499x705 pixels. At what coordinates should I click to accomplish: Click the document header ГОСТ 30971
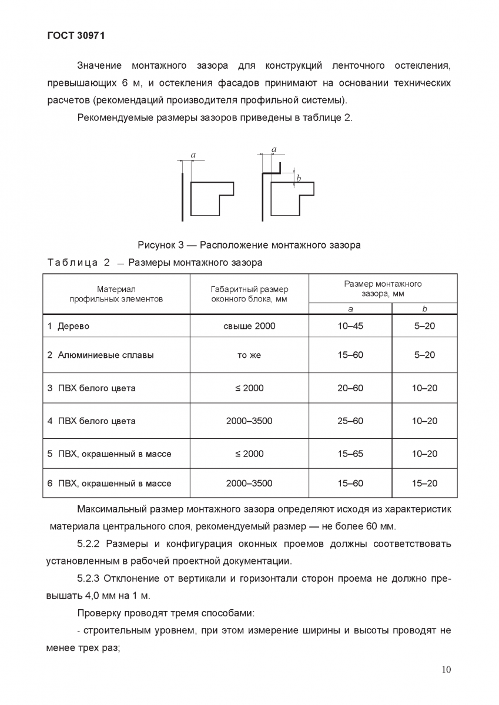tap(75, 35)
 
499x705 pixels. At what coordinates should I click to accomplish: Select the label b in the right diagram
tap(299, 177)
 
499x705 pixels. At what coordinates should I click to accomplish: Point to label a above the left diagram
tap(193, 155)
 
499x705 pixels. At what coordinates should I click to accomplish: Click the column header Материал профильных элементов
tap(116, 294)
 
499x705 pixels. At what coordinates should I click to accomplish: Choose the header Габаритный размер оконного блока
tap(249, 294)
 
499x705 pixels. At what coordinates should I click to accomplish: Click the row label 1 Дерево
tap(68, 326)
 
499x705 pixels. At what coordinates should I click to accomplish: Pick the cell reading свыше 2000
tap(249, 326)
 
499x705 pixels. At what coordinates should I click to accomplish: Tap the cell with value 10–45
tap(350, 326)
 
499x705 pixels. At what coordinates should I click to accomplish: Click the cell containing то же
tap(249, 355)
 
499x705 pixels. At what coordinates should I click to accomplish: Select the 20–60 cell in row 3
tap(350, 388)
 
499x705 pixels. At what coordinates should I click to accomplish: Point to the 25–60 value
tap(350, 421)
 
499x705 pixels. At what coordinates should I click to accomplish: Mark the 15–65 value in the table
tap(350, 454)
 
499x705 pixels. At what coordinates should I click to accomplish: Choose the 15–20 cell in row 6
tap(424, 484)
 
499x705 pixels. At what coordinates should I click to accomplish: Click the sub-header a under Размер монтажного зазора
tap(350, 308)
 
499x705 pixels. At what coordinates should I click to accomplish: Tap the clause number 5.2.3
tap(90, 579)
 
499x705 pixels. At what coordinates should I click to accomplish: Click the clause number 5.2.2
tap(90, 543)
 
